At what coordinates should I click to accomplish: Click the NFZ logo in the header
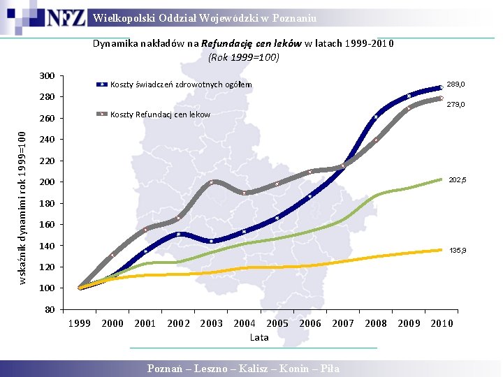point(66,17)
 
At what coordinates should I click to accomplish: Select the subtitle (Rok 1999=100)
point(244,57)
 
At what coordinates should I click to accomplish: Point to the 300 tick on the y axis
point(48,76)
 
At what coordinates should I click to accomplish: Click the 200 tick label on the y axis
point(48,182)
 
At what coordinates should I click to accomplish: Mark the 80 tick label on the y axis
point(50,309)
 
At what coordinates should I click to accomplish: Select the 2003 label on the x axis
point(211,323)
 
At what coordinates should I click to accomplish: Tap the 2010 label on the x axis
point(442,323)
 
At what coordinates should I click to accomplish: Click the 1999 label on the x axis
point(79,323)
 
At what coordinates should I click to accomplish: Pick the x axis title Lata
point(259,337)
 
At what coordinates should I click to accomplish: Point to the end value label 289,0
point(455,84)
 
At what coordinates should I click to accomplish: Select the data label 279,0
point(455,105)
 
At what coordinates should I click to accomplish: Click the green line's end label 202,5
point(458,180)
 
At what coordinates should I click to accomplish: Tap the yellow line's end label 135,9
point(458,251)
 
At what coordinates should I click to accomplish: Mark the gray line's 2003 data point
point(211,182)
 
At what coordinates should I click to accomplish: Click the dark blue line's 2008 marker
point(376,117)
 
